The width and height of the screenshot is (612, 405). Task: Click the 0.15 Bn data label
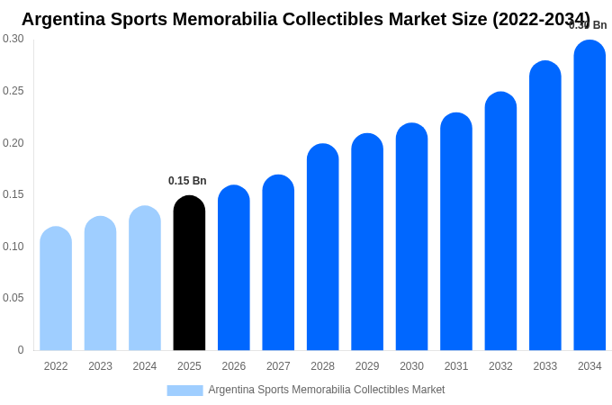[x=187, y=181]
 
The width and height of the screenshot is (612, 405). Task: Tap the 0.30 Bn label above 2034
[x=588, y=25]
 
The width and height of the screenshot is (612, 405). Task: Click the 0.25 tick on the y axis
[x=13, y=91]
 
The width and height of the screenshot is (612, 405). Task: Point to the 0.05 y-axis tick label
[x=13, y=298]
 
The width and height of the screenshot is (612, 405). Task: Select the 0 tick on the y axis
[x=21, y=350]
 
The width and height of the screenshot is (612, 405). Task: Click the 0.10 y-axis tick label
[x=13, y=247]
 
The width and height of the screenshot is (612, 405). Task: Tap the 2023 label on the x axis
[x=100, y=366]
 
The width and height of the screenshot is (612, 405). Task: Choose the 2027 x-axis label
[x=278, y=366]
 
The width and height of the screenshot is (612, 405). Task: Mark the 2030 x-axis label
[x=411, y=366]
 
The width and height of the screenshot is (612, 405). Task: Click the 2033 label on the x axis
[x=545, y=366]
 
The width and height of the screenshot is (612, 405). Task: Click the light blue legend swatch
[x=184, y=391]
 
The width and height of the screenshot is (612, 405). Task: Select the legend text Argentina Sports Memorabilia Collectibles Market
[x=326, y=390]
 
